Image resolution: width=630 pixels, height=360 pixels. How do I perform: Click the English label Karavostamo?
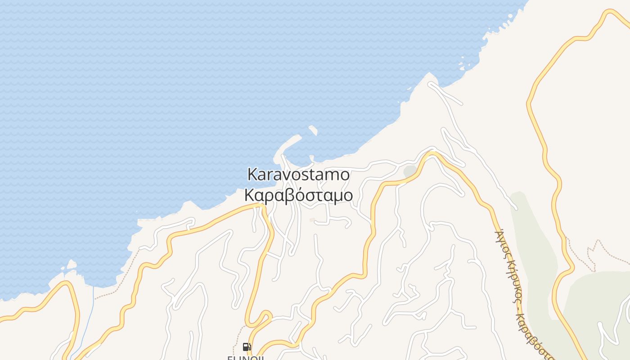[x=298, y=174]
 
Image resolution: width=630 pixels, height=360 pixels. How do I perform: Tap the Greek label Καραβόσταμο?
[x=298, y=195]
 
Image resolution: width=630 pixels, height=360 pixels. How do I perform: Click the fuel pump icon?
[x=246, y=347]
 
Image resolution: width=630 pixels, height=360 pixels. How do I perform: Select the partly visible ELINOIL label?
[x=245, y=357]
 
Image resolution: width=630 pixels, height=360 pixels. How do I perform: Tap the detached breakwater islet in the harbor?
[x=313, y=130]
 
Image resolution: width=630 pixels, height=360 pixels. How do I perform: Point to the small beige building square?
[x=312, y=220]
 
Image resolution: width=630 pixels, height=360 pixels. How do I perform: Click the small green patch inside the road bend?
[x=410, y=171]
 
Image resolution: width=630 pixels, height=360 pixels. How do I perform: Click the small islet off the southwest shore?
[x=71, y=265]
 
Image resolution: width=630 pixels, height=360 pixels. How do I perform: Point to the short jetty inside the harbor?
[x=311, y=158]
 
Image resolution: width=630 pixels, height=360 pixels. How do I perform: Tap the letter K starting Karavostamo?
[x=252, y=174]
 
